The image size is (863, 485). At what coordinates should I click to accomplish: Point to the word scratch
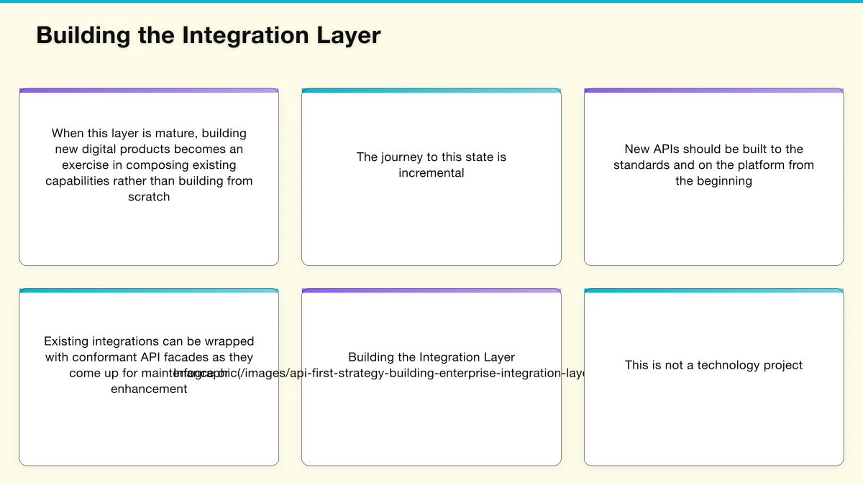click(x=149, y=196)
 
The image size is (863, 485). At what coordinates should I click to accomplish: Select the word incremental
click(x=431, y=172)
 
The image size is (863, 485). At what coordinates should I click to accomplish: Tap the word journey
click(x=405, y=157)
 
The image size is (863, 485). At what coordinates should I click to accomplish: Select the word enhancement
click(x=149, y=389)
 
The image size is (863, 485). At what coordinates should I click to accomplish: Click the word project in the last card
click(x=783, y=364)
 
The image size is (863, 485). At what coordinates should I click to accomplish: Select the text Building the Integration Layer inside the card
click(x=431, y=356)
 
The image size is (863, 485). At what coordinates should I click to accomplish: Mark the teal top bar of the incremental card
click(x=431, y=91)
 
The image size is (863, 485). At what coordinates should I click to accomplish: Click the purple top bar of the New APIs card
click(x=713, y=91)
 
